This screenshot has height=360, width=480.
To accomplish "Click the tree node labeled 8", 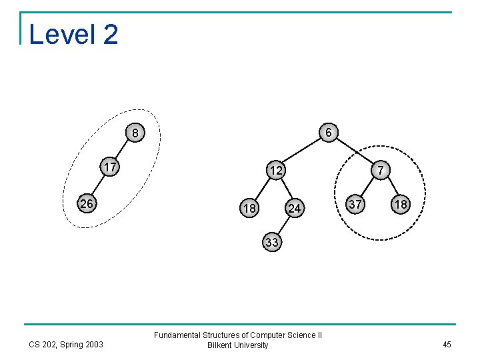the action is coord(135,133).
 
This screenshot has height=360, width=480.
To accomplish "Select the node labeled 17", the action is coord(110,167).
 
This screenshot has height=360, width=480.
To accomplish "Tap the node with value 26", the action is coord(86,203).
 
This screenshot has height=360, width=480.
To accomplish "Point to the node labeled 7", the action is coord(380,170).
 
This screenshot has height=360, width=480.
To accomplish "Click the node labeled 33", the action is coord(272,242).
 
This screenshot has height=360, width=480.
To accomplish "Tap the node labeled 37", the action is coord(357,204).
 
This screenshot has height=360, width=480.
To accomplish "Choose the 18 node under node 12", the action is coord(249,209).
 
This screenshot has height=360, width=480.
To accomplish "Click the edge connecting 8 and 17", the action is coord(123,151).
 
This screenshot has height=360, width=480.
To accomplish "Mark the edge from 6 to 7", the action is coord(355,152).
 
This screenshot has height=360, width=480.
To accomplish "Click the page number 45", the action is coord(446,345).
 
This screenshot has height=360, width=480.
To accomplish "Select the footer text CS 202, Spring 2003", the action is coord(66,345).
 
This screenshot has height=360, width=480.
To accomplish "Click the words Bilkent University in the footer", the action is coord(238,345).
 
